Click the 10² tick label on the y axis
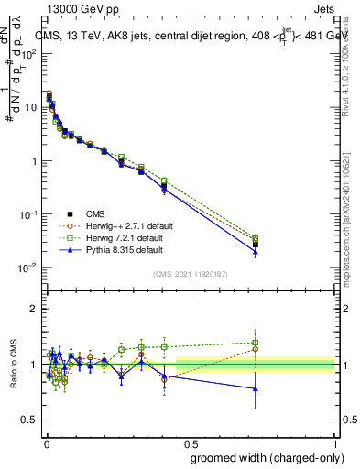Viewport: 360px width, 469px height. point(29,53)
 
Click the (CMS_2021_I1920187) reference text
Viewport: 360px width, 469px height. point(190,273)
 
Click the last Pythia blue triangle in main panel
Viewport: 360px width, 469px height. point(256,251)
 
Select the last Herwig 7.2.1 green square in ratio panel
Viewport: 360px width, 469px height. point(256,343)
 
